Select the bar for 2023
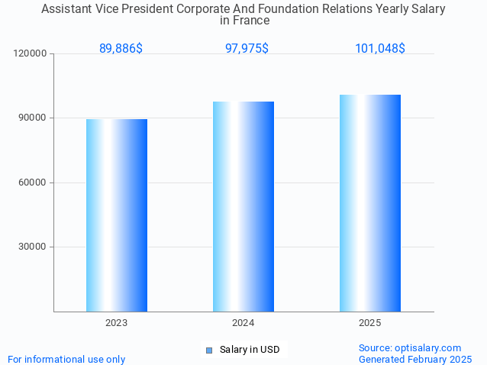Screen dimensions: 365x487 117,215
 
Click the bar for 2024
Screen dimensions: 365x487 243,206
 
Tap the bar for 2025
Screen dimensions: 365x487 370,202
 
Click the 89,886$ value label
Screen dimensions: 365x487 121,48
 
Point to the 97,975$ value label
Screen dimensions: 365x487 247,48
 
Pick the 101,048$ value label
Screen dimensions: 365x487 379,48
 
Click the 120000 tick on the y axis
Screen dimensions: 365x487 31,53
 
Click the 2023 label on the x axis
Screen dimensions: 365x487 117,323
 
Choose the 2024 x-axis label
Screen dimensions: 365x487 243,323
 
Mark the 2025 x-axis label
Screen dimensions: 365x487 370,323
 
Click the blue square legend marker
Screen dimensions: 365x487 208,350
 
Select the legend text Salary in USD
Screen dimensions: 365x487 250,350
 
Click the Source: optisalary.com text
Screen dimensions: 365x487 410,347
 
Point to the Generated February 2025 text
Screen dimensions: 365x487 415,359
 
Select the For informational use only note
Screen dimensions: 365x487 66,359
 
